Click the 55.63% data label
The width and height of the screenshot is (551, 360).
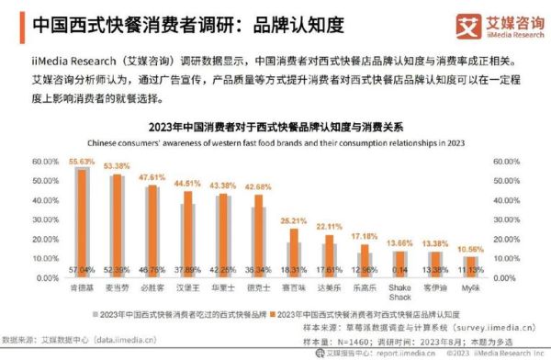point(82,162)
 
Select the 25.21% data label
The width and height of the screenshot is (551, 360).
point(293,220)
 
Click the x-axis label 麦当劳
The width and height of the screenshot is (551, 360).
point(118,287)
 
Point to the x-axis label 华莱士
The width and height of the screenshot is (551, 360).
point(221,287)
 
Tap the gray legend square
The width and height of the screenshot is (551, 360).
point(95,313)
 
